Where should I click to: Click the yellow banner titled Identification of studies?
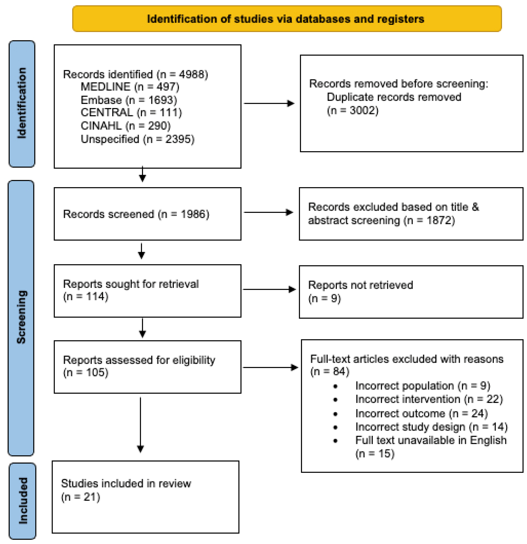tap(287, 19)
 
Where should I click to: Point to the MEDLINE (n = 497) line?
tap(130, 87)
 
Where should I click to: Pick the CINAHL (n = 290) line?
tap(125, 126)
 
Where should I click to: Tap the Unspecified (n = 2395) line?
tap(137, 139)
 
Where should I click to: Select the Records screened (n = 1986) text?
tap(136, 214)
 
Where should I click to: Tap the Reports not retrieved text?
tap(360, 285)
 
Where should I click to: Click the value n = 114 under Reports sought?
tap(85, 296)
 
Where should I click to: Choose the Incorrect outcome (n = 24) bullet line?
tap(421, 414)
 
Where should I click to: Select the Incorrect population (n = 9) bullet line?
tap(422, 386)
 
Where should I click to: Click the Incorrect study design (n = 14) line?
tap(431, 427)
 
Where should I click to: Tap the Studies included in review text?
tap(126, 484)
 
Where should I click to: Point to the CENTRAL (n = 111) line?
tap(131, 113)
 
